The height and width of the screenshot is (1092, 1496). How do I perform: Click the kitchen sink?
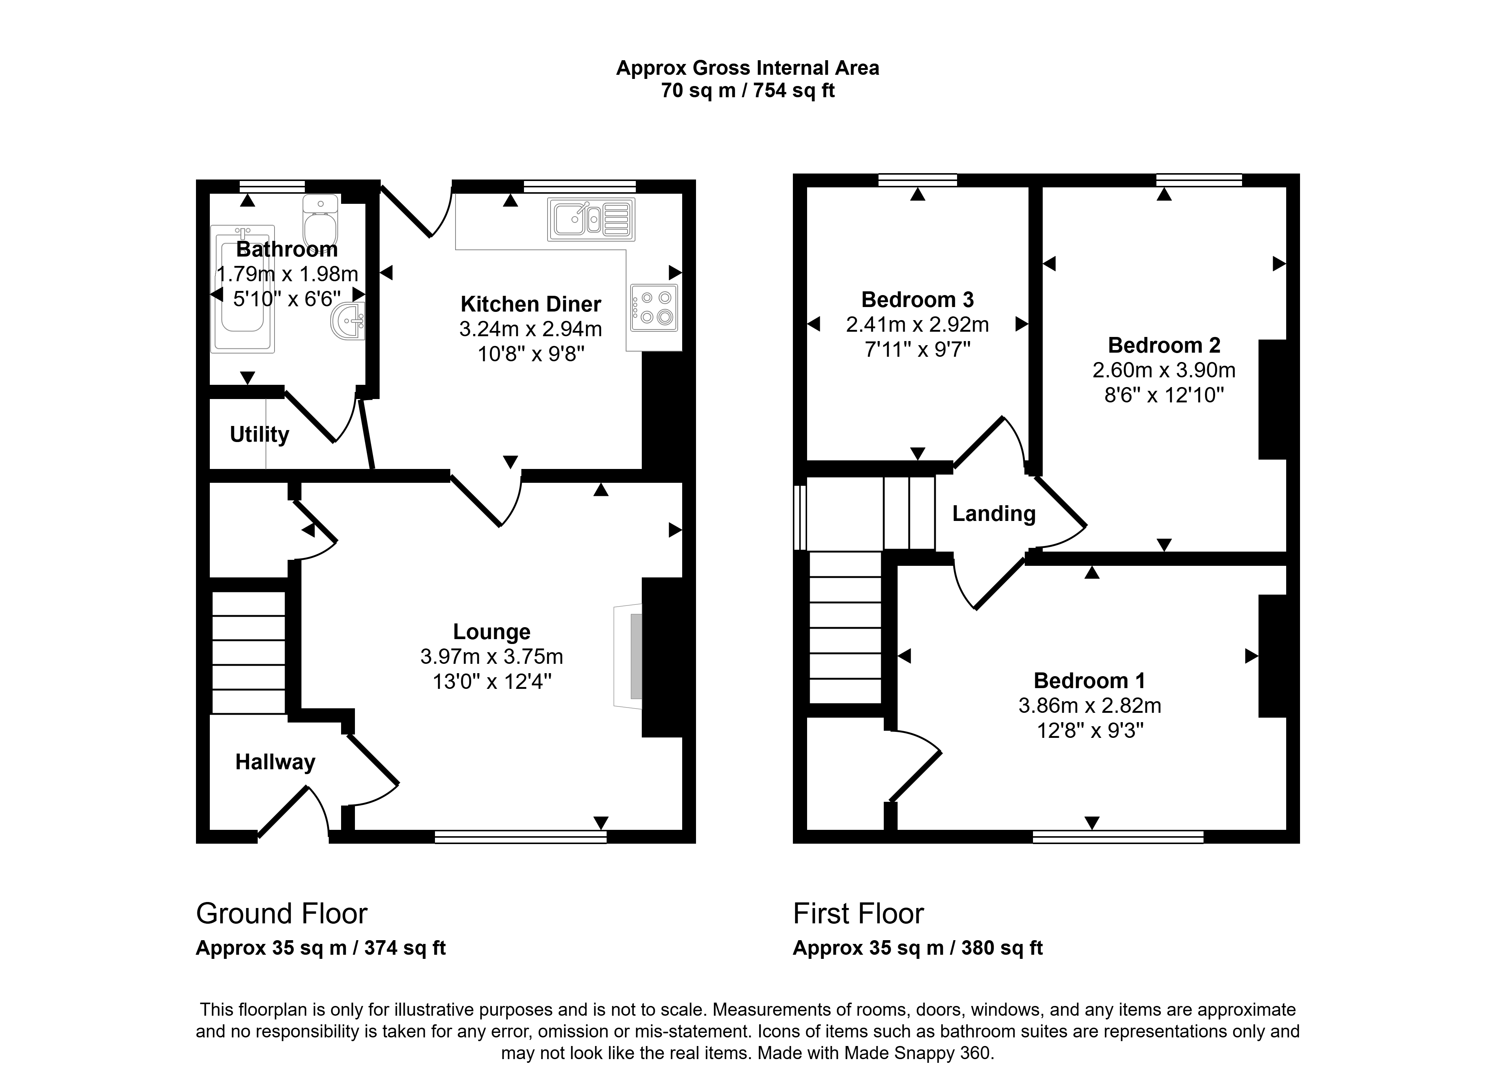(x=591, y=219)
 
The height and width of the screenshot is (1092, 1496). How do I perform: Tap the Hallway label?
(x=275, y=762)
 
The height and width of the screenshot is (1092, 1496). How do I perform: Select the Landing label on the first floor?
(x=994, y=513)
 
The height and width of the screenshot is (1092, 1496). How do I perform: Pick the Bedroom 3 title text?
(x=917, y=300)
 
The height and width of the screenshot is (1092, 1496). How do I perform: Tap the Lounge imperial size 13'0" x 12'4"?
(x=492, y=681)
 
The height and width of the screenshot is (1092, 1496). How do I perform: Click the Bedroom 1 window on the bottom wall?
(x=1118, y=837)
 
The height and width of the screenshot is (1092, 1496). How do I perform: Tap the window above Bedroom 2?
(x=1199, y=180)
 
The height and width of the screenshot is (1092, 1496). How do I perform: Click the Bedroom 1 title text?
(x=1089, y=681)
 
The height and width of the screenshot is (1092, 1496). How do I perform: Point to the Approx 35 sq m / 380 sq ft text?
(x=917, y=948)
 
